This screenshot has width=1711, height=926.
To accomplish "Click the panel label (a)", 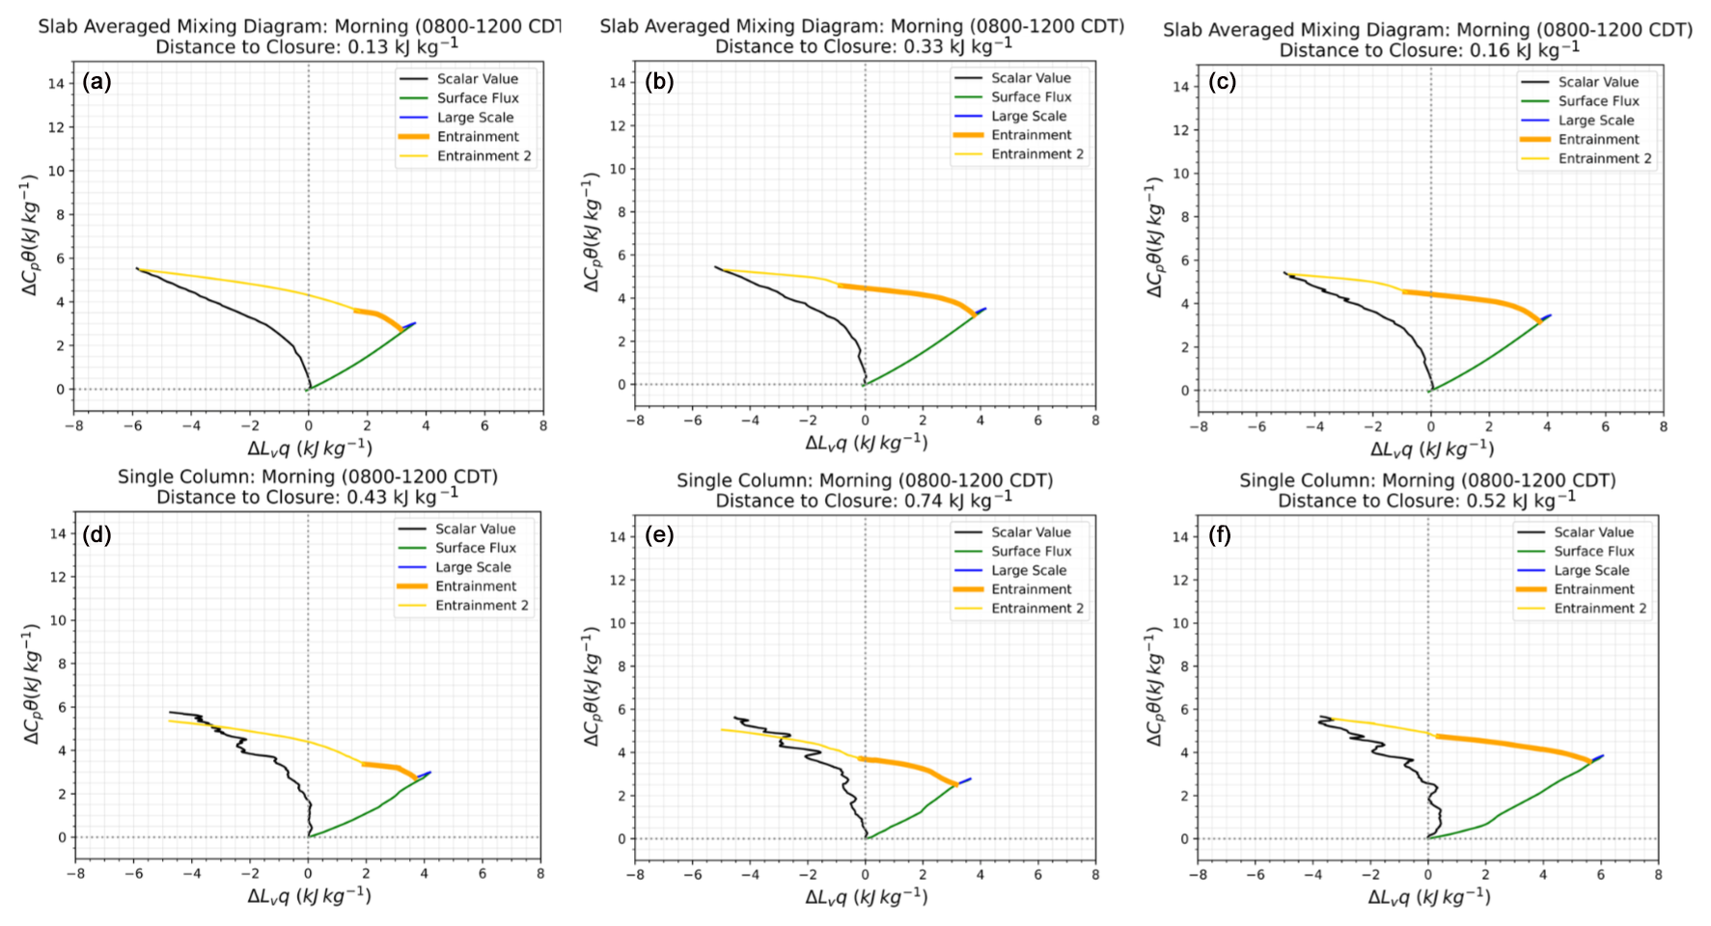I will point(97,82).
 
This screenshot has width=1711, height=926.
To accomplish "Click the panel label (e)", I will point(659,533).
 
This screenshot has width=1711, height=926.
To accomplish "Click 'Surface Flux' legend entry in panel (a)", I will point(477,98).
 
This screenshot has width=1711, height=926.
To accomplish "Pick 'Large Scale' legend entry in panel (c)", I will point(1595,121).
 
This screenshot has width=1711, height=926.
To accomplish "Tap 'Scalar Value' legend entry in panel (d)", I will point(474,529).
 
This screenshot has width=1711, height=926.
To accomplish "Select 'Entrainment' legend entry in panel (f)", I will point(1593,589).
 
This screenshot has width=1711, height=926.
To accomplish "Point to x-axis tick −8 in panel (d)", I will point(75,874).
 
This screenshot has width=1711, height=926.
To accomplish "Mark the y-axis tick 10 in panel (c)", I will point(1180,174).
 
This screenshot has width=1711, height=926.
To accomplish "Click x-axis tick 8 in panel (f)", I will point(1658,875).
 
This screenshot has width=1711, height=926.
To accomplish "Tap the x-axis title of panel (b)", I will point(866,443).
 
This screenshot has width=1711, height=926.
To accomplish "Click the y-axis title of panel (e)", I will point(591,687).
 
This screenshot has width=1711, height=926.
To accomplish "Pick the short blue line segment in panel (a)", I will point(409,326).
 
